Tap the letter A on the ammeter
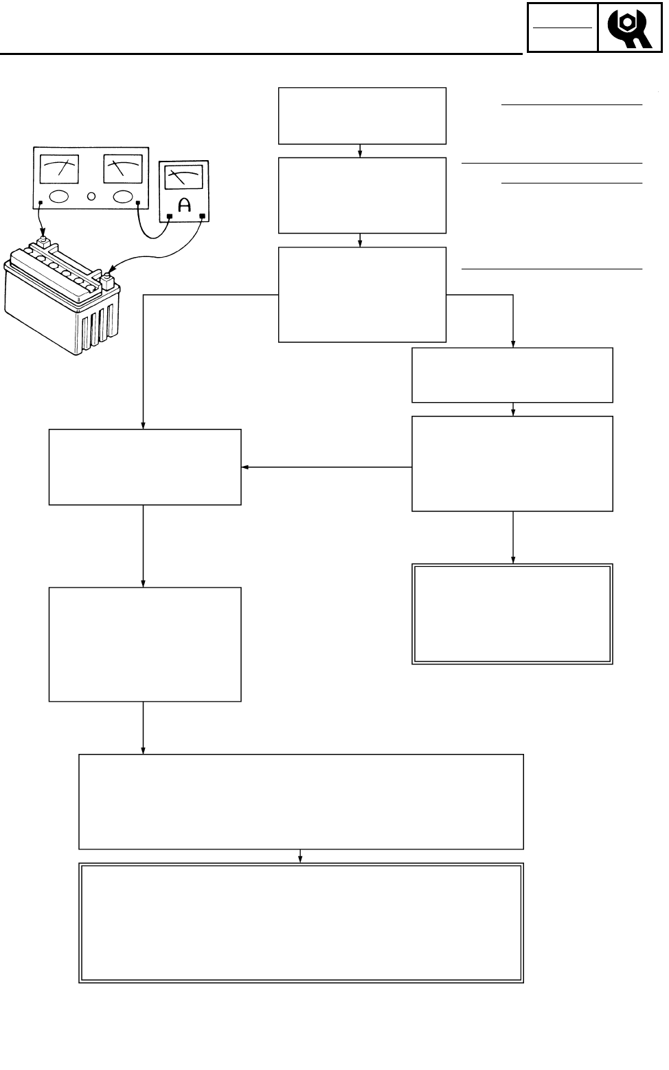pos(185,205)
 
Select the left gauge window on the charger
pos(59,169)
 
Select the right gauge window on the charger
pos(123,169)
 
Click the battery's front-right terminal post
pos(108,279)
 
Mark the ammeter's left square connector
pos(170,216)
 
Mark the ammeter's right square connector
pos(202,216)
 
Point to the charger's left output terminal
pos(41,203)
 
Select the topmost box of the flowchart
pos(362,115)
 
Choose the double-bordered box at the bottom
pos(301,923)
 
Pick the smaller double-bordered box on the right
pos(512,614)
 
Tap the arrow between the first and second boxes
pos(361,151)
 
